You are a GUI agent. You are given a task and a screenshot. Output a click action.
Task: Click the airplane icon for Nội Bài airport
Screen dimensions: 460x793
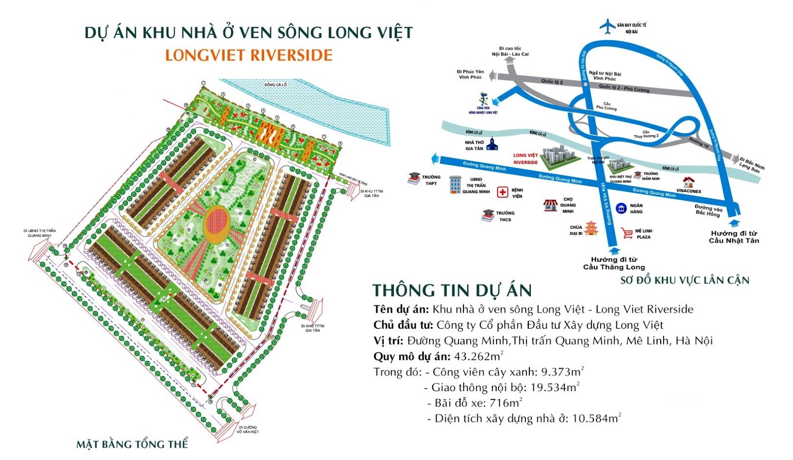pyautogui.click(x=607, y=26)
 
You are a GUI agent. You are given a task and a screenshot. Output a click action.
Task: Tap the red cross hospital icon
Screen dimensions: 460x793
pyautogui.click(x=503, y=192)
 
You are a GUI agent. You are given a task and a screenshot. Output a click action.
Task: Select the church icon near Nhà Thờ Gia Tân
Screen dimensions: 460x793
pyautogui.click(x=492, y=144)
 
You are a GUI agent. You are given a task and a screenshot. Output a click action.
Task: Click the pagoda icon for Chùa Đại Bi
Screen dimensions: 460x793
pyautogui.click(x=591, y=229)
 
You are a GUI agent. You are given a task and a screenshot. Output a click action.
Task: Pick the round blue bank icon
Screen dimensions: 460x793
pyautogui.click(x=621, y=209)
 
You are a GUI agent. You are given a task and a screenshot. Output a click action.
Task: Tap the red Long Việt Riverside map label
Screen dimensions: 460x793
pyautogui.click(x=525, y=159)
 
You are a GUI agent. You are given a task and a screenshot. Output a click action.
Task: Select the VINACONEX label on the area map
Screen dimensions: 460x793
pyautogui.click(x=689, y=191)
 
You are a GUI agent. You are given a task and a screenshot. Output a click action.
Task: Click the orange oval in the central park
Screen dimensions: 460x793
pyautogui.click(x=217, y=225)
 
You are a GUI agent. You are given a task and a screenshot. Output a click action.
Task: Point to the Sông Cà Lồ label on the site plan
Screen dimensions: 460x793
pyautogui.click(x=276, y=85)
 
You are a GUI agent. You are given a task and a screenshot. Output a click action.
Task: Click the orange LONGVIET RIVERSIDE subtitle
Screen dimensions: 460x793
pyautogui.click(x=249, y=55)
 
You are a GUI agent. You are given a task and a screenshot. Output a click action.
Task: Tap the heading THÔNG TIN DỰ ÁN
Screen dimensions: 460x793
pyautogui.click(x=452, y=290)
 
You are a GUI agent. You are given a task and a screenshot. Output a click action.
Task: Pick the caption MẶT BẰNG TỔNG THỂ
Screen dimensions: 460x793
pyautogui.click(x=132, y=444)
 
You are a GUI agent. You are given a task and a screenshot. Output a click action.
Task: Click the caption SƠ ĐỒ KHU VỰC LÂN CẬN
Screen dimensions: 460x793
pyautogui.click(x=685, y=281)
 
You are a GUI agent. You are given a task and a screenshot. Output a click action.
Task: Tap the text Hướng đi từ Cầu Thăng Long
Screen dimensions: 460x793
pyautogui.click(x=614, y=263)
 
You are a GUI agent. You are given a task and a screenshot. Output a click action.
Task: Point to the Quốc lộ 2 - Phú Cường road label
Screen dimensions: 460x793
pyautogui.click(x=624, y=88)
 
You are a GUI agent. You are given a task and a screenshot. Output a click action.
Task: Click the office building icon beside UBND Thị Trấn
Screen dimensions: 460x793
pyautogui.click(x=454, y=184)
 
